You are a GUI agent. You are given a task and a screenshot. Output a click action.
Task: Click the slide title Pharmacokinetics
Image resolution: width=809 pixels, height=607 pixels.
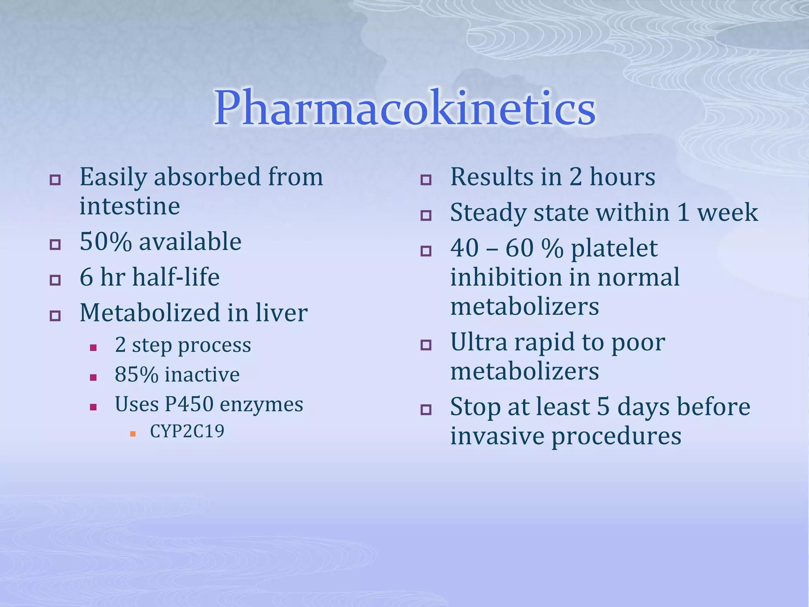(x=404, y=107)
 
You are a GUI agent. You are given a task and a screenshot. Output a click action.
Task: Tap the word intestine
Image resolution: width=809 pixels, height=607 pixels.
(x=130, y=206)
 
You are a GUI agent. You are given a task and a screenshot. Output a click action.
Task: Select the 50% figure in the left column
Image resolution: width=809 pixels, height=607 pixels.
(x=105, y=241)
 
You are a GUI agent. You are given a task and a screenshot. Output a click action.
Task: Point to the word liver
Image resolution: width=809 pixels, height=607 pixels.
(x=281, y=313)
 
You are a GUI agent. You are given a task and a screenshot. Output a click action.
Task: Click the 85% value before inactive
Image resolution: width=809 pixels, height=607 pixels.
(x=136, y=375)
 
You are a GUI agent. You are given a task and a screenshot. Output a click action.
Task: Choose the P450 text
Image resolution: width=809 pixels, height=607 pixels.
(x=189, y=404)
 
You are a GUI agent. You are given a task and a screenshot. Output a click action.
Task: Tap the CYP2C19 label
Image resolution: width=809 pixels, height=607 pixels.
(x=187, y=431)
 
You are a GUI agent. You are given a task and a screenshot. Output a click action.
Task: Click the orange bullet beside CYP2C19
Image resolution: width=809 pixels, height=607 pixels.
(x=133, y=434)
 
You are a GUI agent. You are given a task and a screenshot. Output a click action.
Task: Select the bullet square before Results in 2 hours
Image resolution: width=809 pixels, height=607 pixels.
(x=425, y=180)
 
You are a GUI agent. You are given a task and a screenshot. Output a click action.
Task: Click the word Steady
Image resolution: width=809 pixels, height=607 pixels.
(x=488, y=213)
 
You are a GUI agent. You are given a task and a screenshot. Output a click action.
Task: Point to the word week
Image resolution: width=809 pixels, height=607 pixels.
(x=727, y=213)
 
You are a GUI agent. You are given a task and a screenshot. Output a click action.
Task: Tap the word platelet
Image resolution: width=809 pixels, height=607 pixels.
(x=614, y=249)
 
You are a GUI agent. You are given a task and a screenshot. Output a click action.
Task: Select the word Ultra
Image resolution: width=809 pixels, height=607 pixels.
(x=478, y=342)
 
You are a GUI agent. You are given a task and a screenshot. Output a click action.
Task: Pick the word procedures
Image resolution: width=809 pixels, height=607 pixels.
(x=616, y=436)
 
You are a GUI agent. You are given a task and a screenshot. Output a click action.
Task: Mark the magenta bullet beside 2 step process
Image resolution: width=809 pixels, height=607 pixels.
(x=93, y=348)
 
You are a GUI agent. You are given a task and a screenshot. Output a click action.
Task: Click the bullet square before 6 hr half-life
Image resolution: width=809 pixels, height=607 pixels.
(x=55, y=280)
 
